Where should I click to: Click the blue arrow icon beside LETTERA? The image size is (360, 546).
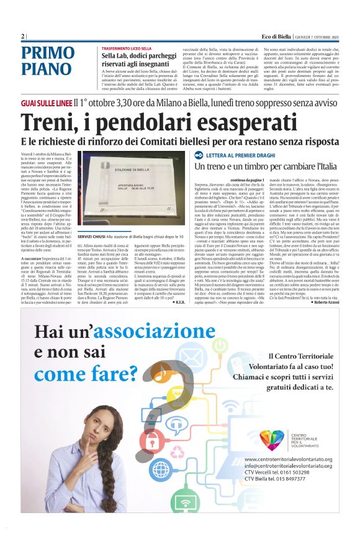click(x=199, y=154)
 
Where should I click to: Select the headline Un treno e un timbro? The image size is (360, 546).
click(x=261, y=166)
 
